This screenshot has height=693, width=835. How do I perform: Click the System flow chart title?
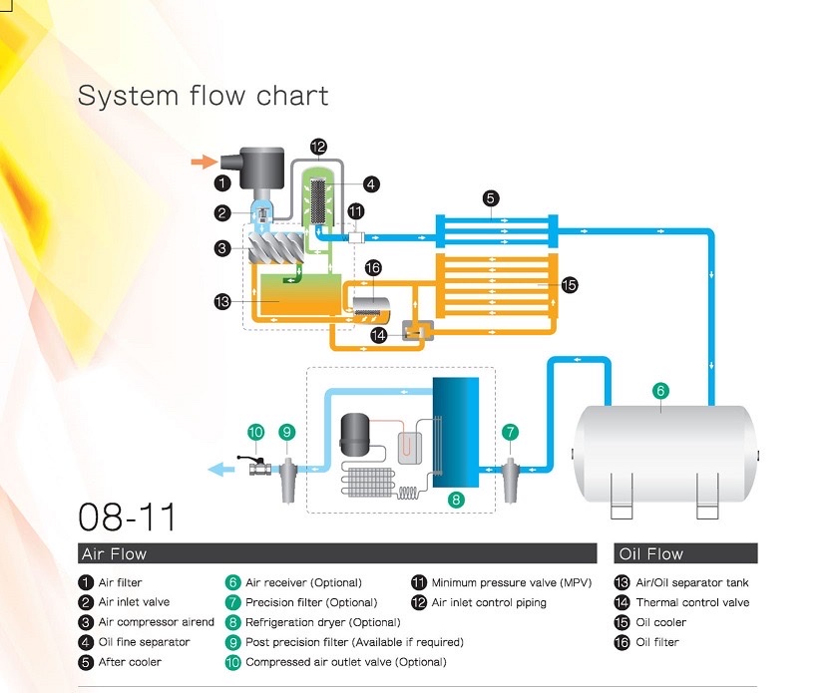[x=203, y=96]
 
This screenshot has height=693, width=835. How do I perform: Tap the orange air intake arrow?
[x=203, y=161]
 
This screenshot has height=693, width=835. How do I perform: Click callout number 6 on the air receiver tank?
[x=659, y=392]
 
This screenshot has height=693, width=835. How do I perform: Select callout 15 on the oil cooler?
[x=569, y=285]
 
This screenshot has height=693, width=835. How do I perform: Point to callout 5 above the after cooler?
[x=491, y=197]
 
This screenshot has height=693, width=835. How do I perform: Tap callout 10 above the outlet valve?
[x=255, y=432]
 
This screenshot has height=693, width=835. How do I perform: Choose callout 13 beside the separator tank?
[x=223, y=300]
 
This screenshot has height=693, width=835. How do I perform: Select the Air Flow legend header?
[x=114, y=553]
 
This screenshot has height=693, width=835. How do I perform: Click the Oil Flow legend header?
[x=651, y=553]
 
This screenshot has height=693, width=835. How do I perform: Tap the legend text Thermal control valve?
[x=692, y=602]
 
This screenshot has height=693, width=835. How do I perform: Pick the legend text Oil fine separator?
[x=144, y=642]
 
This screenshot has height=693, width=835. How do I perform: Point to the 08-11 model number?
[x=127, y=518]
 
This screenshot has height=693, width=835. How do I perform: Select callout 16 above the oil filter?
[x=373, y=268]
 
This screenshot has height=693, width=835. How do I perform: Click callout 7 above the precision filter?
[x=511, y=432]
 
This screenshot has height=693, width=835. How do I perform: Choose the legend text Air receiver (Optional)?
[x=303, y=582]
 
